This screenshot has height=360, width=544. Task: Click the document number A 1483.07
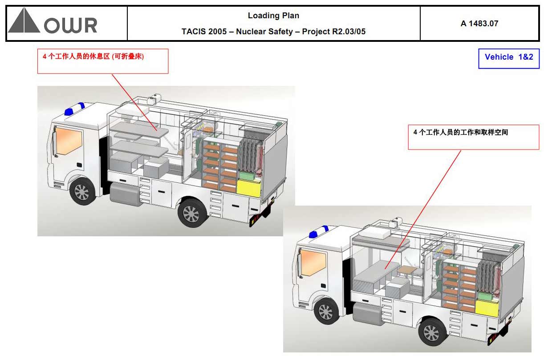479,24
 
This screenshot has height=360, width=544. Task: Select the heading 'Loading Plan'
273,16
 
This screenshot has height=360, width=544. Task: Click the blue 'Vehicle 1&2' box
508,57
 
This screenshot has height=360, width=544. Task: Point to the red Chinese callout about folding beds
93,57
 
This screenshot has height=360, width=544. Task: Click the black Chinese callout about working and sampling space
460,133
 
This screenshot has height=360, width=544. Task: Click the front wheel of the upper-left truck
82,192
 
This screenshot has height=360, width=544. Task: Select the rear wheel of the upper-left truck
191,214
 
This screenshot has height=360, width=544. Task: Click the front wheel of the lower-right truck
326,311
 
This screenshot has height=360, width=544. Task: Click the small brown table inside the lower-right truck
406,270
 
